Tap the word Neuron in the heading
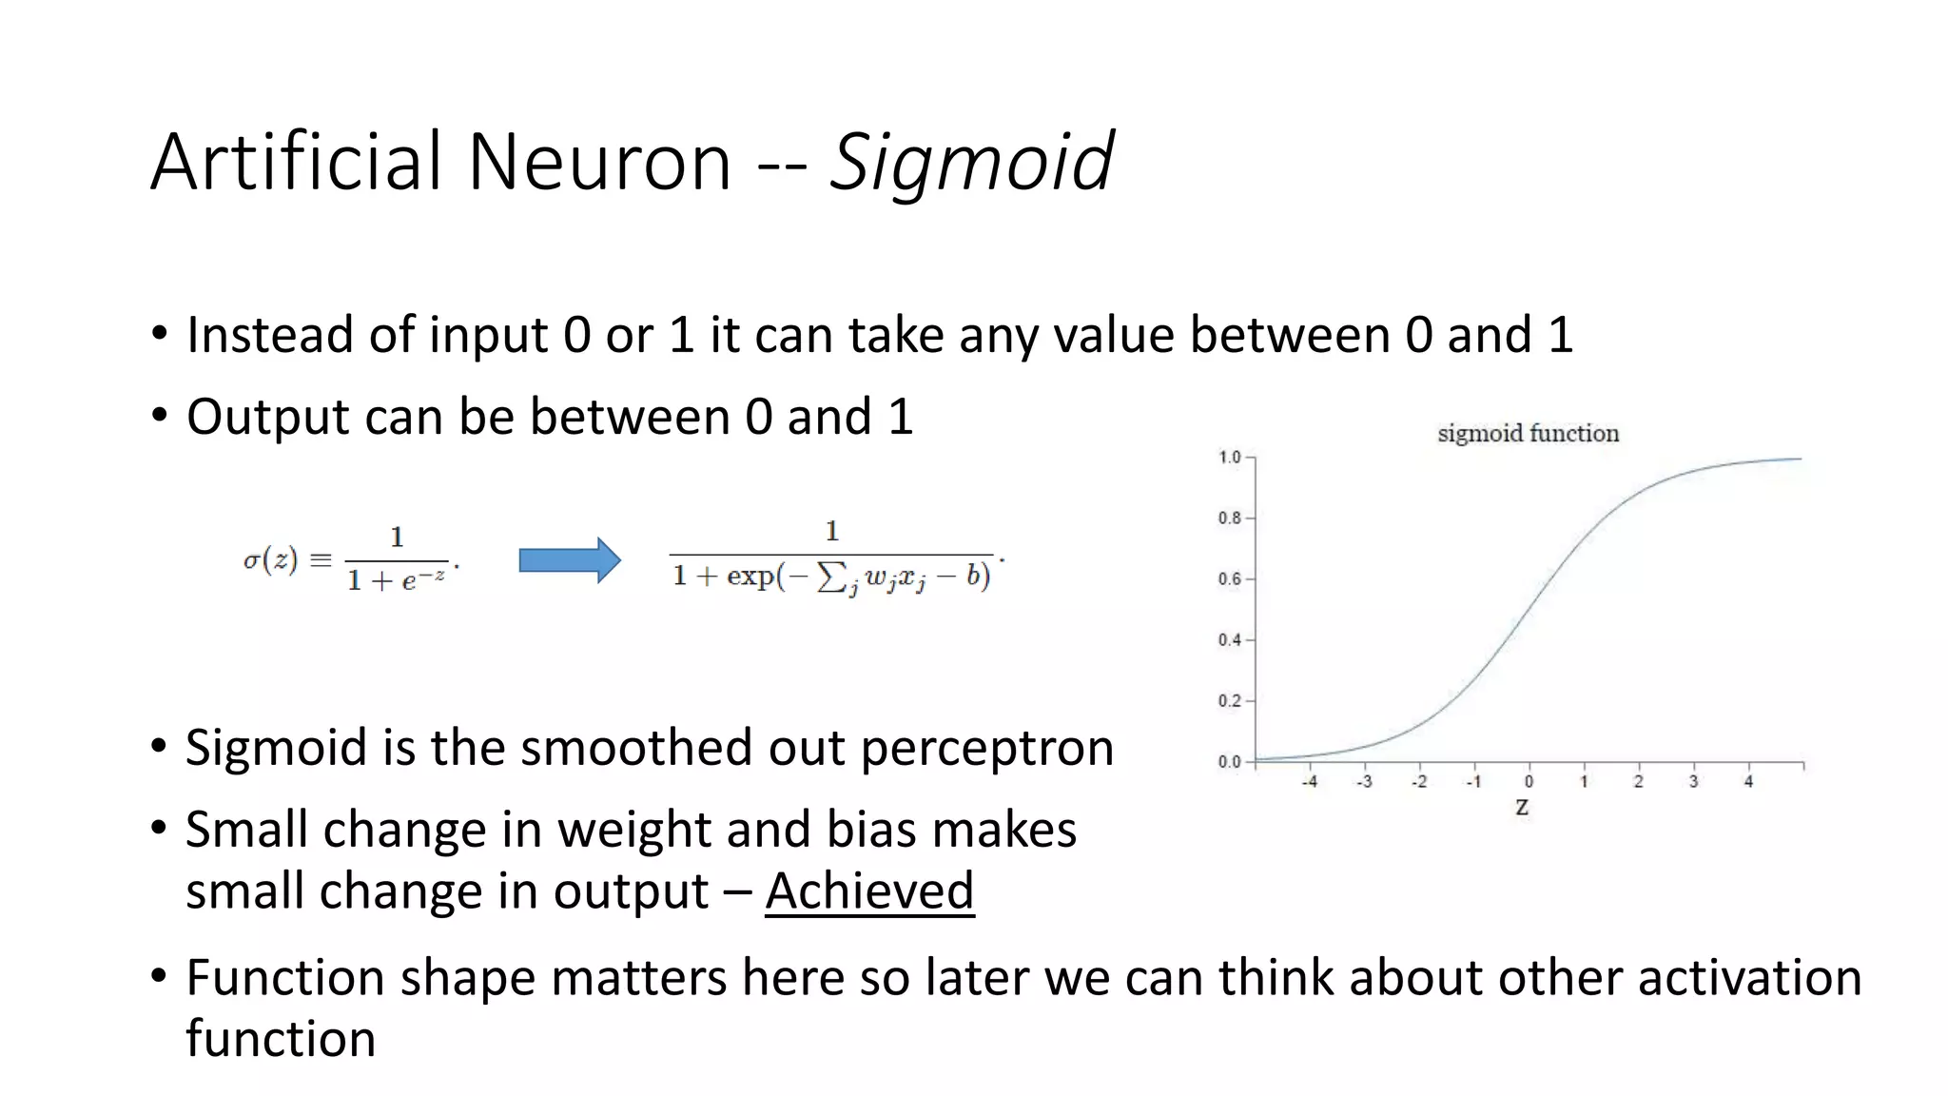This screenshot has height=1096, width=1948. point(599,162)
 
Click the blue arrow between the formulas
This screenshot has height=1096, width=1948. point(570,560)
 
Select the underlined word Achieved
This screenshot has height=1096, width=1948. point(869,890)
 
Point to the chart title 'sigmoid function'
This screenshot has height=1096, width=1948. point(1528,434)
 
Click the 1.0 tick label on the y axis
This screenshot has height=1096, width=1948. point(1230,458)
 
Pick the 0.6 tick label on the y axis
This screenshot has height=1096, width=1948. point(1230,579)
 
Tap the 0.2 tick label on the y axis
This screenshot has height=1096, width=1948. point(1230,701)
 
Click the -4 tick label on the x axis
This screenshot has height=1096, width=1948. point(1309,782)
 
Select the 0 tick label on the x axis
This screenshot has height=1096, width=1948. point(1529,782)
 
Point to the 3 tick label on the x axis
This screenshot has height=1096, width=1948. point(1693,782)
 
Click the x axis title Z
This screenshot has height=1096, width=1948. point(1522,808)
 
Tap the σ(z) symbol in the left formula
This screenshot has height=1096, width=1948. point(270,559)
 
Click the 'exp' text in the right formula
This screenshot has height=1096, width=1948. point(750,576)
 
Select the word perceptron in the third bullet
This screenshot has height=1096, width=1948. point(987,748)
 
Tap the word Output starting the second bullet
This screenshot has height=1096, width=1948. point(267,417)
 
